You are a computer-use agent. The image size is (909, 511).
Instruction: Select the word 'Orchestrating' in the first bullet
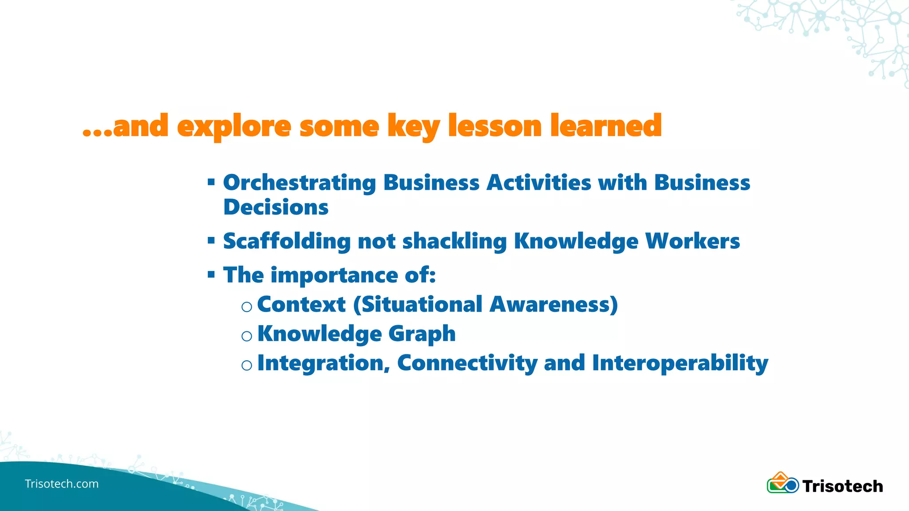pos(300,183)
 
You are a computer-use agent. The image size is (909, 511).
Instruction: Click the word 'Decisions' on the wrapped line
pos(276,207)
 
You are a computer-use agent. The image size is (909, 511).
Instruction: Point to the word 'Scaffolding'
pos(287,241)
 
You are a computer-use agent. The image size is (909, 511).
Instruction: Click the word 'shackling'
pos(454,241)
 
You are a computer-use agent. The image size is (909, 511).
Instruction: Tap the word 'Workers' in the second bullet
pos(692,241)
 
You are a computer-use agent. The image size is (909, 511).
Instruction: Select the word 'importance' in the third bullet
pos(334,275)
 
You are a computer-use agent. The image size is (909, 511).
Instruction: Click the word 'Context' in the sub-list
pos(301,305)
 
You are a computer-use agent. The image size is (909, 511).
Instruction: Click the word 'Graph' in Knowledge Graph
pos(422,334)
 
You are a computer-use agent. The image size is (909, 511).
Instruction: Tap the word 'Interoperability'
pos(680,363)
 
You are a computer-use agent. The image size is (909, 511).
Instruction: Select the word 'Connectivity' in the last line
pos(467,363)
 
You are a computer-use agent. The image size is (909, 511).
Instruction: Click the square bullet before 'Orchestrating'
pos(211,181)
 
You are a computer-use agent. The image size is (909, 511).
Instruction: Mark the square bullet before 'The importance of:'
pos(211,275)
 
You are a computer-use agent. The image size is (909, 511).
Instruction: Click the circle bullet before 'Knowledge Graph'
pos(247,336)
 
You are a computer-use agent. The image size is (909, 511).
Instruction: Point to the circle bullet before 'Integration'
pos(247,366)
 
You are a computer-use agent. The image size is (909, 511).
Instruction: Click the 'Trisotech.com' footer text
pos(62,484)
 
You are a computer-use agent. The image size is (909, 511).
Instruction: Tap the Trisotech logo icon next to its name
pos(783,483)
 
